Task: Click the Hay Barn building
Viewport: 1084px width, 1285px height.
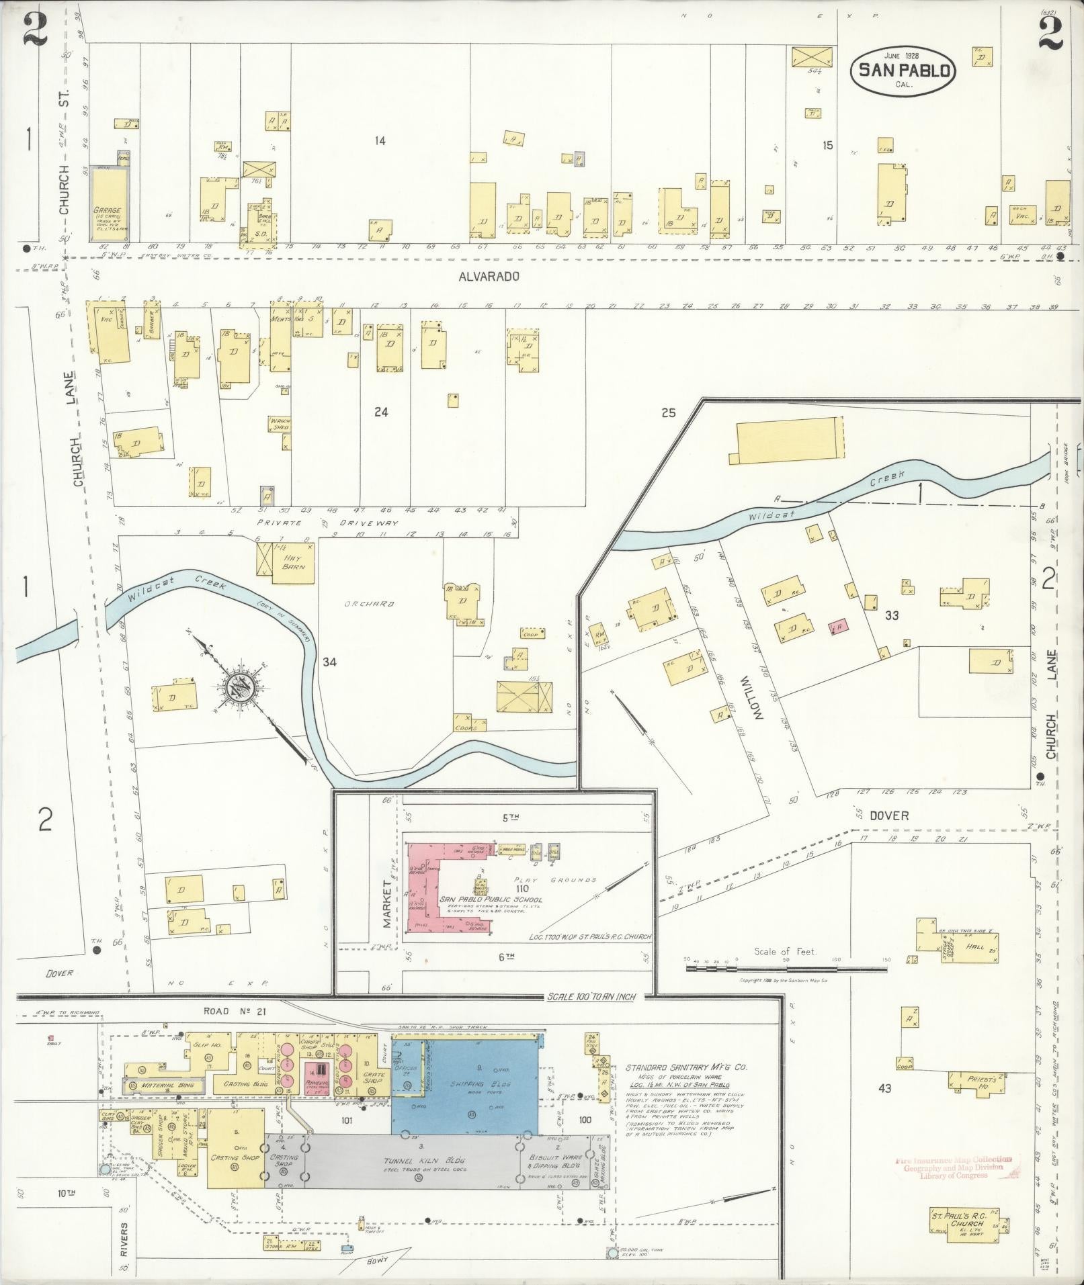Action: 286,559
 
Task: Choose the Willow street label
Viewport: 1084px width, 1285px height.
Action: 751,698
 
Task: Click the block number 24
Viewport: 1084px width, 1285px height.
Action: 381,412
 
